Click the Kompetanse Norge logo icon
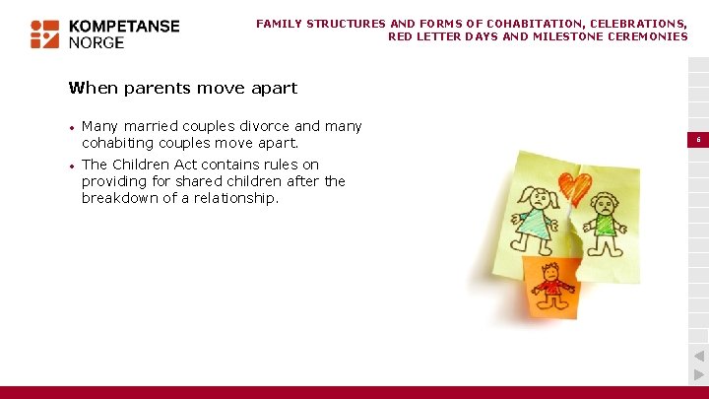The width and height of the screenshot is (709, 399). [x=45, y=33]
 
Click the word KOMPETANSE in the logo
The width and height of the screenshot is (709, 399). [x=123, y=27]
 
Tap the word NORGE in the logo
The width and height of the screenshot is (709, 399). [x=97, y=43]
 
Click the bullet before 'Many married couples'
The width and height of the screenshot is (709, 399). [x=72, y=127]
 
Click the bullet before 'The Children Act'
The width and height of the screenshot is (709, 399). [x=72, y=166]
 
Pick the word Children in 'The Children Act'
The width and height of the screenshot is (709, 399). [x=142, y=165]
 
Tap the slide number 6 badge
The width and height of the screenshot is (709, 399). [x=698, y=141]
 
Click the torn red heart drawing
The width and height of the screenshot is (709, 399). [x=574, y=186]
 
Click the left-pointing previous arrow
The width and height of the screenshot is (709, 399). [x=698, y=356]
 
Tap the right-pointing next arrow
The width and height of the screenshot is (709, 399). [x=698, y=374]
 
